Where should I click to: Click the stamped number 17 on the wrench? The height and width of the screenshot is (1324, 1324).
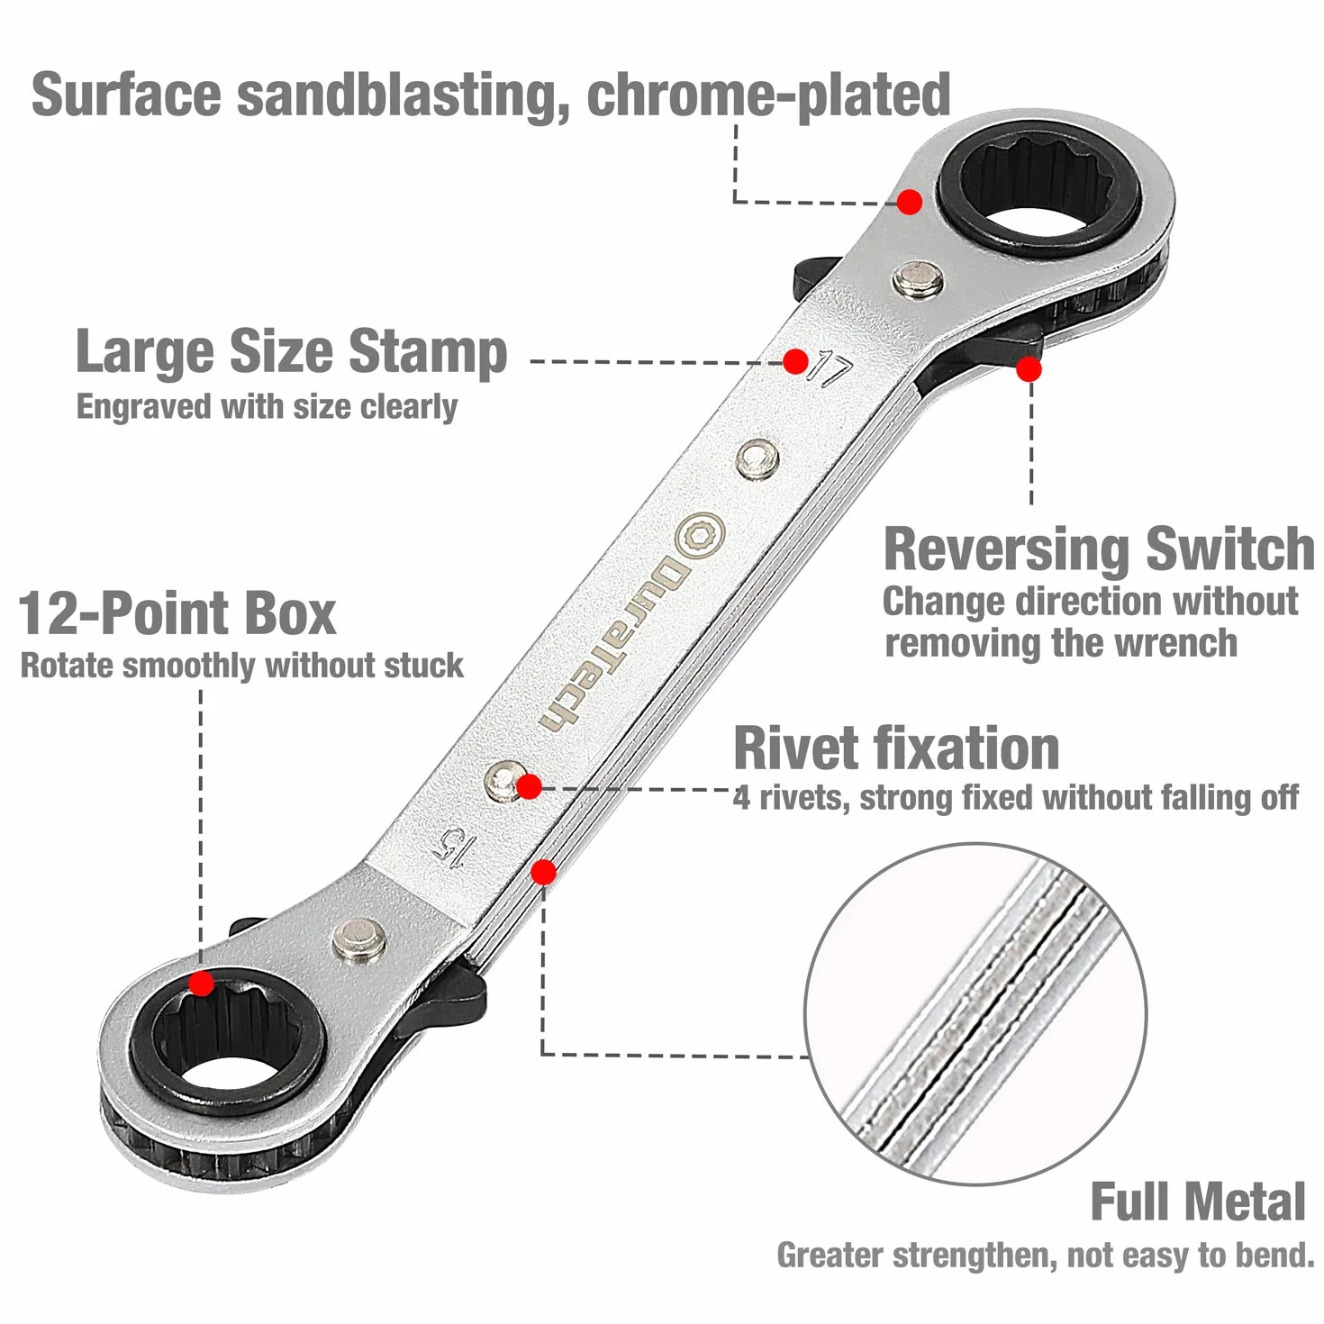tap(830, 369)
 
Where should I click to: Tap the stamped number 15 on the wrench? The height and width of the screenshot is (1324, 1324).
tap(450, 849)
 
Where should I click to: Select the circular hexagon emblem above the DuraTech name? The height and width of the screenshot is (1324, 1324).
tap(700, 535)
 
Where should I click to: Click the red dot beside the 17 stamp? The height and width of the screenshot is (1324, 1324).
tap(795, 361)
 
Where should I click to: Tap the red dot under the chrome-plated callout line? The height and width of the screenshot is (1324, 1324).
tap(910, 202)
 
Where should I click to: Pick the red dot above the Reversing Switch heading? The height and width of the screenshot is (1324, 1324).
tap(1029, 369)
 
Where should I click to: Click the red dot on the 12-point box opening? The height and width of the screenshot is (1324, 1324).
tap(202, 984)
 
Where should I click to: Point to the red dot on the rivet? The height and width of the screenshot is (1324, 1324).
tap(529, 786)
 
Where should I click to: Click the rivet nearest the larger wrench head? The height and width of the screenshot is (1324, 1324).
tap(917, 279)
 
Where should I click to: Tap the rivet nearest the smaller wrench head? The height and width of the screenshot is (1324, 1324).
tap(358, 939)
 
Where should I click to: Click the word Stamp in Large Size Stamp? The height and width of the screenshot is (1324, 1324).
tap(428, 352)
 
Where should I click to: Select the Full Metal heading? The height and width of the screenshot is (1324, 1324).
tap(1198, 1201)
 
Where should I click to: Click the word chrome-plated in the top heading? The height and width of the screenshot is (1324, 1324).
tap(769, 95)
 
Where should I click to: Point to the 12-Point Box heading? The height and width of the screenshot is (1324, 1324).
tap(177, 612)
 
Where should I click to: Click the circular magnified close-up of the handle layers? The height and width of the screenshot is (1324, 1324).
tap(975, 1014)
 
